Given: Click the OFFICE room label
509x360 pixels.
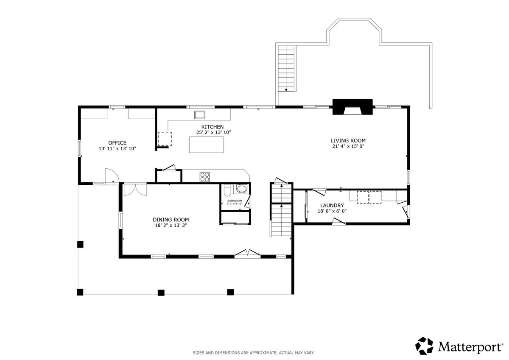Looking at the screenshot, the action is point(117,143).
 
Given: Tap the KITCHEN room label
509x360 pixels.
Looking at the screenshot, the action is point(213,127).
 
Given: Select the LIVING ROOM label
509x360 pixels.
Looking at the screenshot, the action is point(348,141).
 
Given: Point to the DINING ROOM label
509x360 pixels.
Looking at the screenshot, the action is point(171,220).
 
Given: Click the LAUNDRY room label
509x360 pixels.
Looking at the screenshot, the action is point(332,206).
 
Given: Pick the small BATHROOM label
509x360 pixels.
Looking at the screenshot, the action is point(235,201).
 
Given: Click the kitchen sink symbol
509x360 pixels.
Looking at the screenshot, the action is point(199,115).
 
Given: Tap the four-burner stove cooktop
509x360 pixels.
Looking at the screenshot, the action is point(205,177).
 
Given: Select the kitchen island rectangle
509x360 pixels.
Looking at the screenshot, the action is point(207,145).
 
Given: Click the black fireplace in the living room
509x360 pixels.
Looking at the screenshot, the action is point(352,107).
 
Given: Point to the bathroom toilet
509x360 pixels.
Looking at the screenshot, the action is point(227,190).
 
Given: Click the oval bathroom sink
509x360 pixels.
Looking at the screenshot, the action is point(241,189).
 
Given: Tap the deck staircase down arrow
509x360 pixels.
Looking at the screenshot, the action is point(286,90).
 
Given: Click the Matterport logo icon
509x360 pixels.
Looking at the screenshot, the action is point(424,346).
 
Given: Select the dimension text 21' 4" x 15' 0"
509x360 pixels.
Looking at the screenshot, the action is point(348,146).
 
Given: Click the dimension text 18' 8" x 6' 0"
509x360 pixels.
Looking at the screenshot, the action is point(332,211).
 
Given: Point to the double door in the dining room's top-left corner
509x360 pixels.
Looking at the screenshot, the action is point(135,190).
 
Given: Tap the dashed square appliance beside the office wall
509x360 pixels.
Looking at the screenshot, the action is point(165,139).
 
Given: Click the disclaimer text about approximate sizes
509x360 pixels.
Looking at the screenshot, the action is point(254,353).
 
